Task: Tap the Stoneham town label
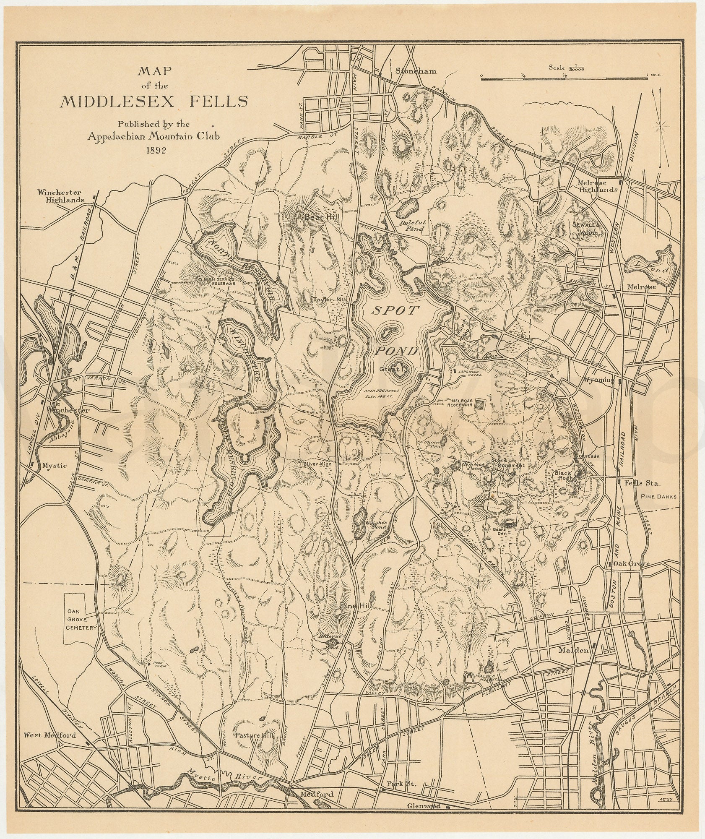coord(416,71)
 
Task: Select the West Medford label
coord(49,735)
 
